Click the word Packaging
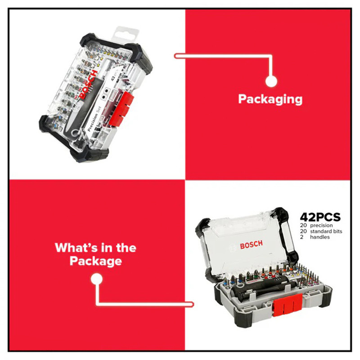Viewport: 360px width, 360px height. (x=270, y=99)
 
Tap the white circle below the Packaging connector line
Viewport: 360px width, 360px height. (x=271, y=81)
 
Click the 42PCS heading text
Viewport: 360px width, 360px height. (x=320, y=217)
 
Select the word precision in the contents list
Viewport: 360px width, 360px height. (x=321, y=225)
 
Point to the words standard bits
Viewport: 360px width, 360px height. (x=326, y=231)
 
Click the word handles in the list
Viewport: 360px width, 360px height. (x=320, y=237)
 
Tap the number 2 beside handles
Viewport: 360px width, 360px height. (x=301, y=237)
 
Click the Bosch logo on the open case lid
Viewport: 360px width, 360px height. (x=252, y=245)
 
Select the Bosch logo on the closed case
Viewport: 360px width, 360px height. (x=89, y=84)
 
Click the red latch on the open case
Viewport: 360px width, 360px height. (x=287, y=305)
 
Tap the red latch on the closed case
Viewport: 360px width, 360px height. (x=121, y=108)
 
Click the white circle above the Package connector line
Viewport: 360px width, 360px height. (x=97, y=279)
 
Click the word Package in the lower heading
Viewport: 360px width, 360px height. (x=96, y=261)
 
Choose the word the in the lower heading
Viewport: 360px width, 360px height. (x=126, y=247)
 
